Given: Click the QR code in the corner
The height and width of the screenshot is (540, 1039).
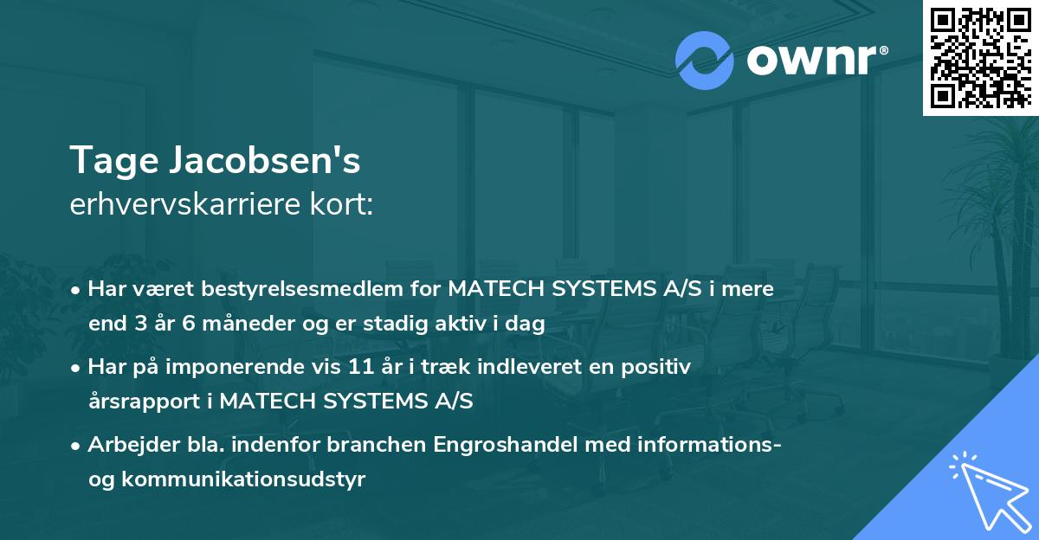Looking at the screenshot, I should click(979, 57).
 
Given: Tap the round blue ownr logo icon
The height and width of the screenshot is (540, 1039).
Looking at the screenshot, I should click(705, 61).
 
